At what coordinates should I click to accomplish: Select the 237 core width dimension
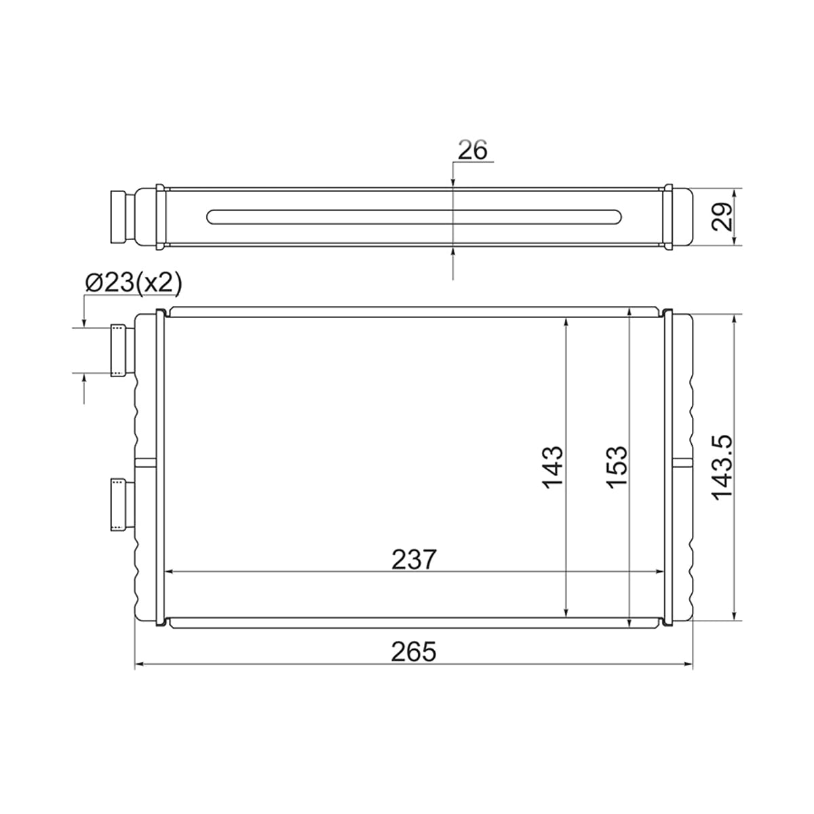(413, 560)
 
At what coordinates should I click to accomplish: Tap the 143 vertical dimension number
(553, 467)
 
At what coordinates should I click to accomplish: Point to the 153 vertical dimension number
(617, 467)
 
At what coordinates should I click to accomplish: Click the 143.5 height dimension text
(722, 467)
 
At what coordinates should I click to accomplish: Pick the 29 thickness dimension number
(721, 216)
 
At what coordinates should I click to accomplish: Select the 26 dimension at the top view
(473, 149)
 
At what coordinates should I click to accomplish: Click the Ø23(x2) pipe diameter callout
(134, 283)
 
